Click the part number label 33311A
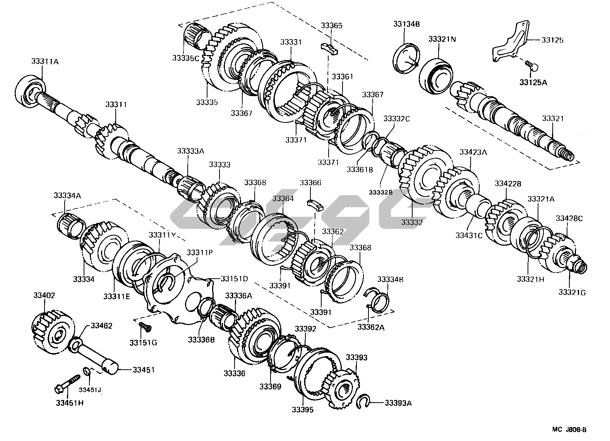pyautogui.click(x=45, y=61)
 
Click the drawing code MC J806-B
pyautogui.click(x=569, y=430)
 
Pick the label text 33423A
pyautogui.click(x=473, y=152)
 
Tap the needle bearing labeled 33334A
pyautogui.click(x=72, y=226)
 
